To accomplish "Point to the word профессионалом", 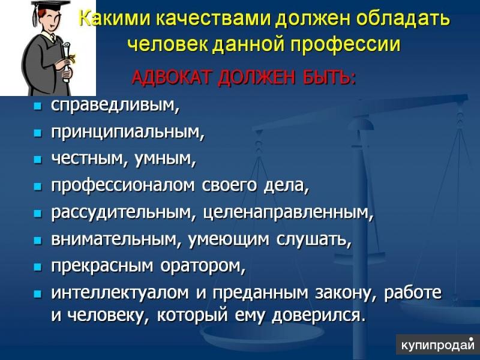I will coord(119,186).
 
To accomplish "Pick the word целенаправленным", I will coord(288,213).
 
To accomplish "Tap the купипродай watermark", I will coord(437,346).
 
